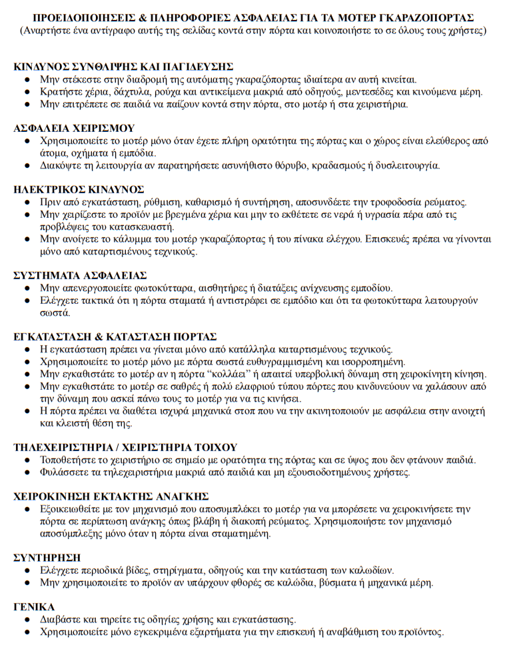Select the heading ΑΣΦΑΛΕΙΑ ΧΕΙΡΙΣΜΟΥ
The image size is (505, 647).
tap(74, 128)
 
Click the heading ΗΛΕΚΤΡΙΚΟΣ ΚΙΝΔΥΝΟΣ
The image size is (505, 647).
tap(79, 190)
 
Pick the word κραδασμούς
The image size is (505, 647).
tap(316, 165)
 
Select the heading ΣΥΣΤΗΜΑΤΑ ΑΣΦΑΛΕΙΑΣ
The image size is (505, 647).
tap(80, 275)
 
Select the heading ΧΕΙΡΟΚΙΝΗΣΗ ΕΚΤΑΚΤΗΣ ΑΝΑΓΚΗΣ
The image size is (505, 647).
tap(111, 497)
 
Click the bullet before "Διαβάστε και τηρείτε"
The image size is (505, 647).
tap(27, 620)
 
